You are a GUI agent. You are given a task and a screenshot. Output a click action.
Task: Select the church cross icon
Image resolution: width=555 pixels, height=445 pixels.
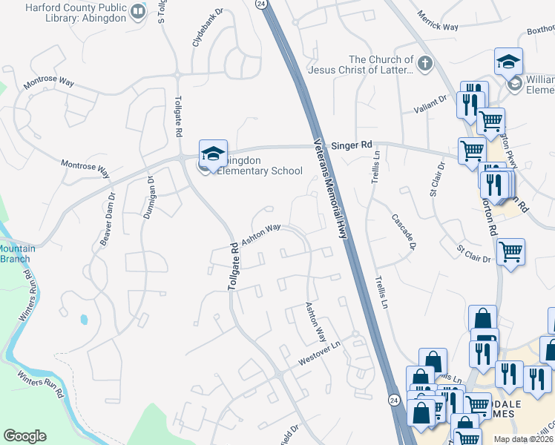pyautogui.click(x=425, y=65)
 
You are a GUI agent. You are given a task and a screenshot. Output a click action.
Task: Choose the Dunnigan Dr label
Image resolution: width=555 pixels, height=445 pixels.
pyautogui.click(x=148, y=197)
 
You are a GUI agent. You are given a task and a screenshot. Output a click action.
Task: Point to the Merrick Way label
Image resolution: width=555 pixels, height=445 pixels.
pyautogui.click(x=437, y=21)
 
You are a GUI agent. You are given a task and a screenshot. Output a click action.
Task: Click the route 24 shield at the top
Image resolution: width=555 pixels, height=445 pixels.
pyautogui.click(x=261, y=4)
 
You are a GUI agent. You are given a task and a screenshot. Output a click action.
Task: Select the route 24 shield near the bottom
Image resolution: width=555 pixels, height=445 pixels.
pyautogui.click(x=393, y=399)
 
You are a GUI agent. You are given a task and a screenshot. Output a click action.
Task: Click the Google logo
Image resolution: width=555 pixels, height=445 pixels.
pyautogui.click(x=24, y=436)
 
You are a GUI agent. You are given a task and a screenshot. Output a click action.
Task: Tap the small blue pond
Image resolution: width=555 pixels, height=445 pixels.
pyautogui.click(x=83, y=320)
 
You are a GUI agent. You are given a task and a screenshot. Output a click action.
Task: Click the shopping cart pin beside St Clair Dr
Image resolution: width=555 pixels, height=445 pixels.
pyautogui.click(x=510, y=253)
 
